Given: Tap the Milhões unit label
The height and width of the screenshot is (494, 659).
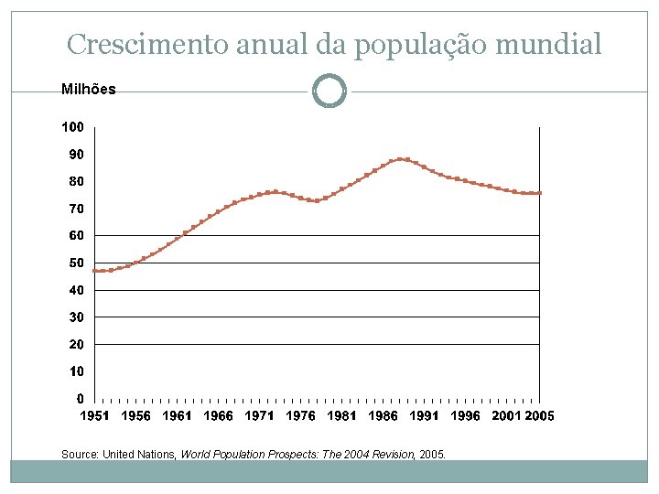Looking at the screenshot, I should tap(88, 90).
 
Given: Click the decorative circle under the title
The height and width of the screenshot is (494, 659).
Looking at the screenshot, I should tap(329, 91).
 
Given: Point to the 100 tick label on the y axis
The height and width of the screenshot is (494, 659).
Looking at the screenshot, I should tap(73, 126).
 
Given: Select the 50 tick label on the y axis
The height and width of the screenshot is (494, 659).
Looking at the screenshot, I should tap(76, 263).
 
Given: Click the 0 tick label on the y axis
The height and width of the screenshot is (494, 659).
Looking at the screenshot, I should tap(80, 399).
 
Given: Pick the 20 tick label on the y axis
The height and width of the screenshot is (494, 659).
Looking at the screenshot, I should tap(76, 345).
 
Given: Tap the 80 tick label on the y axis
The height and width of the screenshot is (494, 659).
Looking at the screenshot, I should tap(76, 181).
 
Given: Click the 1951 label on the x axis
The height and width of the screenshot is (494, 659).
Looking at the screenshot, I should tap(95, 416).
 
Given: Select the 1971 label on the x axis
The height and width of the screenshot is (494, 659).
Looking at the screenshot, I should tap(259, 416).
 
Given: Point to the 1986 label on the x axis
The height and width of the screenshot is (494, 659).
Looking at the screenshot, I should tap(383, 416).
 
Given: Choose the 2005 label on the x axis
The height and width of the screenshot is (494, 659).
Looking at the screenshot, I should tap(539, 416).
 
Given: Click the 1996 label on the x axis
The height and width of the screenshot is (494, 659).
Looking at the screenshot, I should tap(465, 416).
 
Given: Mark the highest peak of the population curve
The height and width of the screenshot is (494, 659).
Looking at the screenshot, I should tap(400, 159).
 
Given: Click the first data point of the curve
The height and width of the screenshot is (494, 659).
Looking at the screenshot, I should tap(95, 271).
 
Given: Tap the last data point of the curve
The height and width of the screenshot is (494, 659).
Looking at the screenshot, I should tap(539, 193).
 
